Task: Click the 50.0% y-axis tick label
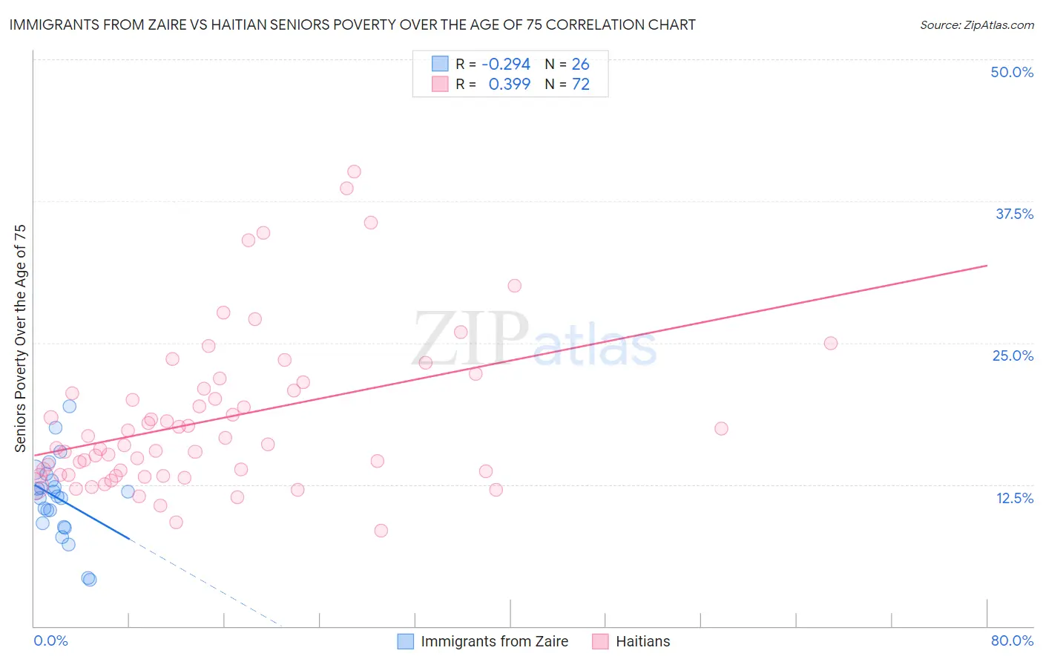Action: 1012,72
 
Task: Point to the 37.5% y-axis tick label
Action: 1014,214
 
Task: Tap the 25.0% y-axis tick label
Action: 1013,355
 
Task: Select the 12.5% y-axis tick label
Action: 1014,498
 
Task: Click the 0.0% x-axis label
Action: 50,640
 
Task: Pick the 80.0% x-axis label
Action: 1012,640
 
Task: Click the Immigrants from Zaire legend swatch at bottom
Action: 405,641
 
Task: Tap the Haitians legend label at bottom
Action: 642,641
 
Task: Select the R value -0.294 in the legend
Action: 506,65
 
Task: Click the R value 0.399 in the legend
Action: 509,85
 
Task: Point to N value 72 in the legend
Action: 580,85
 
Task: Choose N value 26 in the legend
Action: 580,65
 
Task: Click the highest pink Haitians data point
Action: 354,171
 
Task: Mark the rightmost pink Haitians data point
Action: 831,343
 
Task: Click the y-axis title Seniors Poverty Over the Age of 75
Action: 20,338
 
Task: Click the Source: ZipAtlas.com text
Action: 976,25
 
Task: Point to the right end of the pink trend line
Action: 987,265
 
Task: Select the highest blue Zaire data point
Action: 70,406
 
